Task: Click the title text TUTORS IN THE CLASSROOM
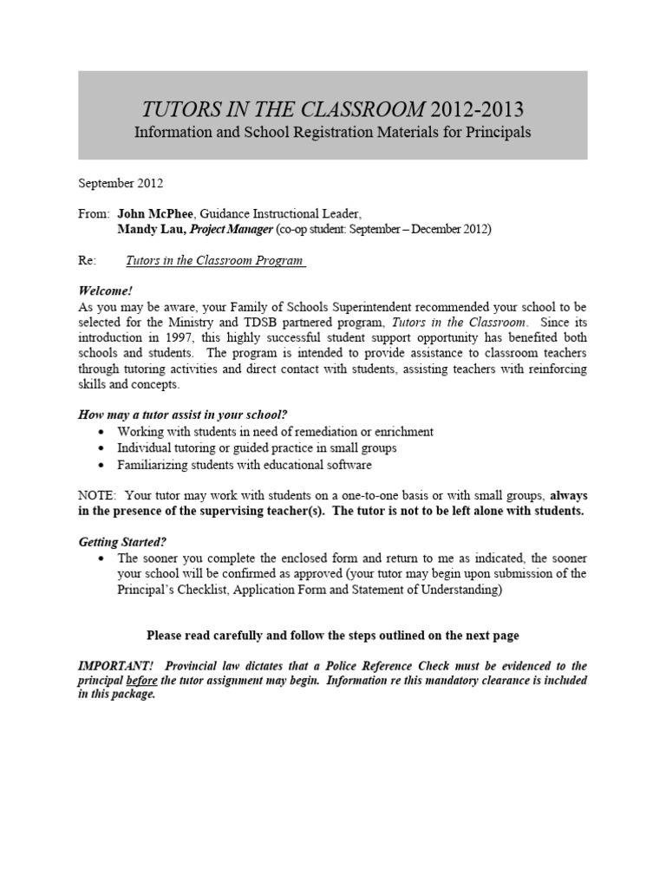point(283,109)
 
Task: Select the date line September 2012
point(121,183)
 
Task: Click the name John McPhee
point(150,213)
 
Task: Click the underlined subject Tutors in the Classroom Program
point(216,259)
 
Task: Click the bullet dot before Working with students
point(104,431)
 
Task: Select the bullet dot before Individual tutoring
point(104,447)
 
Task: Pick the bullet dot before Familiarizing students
point(104,464)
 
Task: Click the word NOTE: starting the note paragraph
point(97,495)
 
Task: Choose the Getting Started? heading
point(122,541)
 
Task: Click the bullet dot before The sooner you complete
point(104,558)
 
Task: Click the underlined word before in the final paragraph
point(144,681)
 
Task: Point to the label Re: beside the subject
point(87,259)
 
